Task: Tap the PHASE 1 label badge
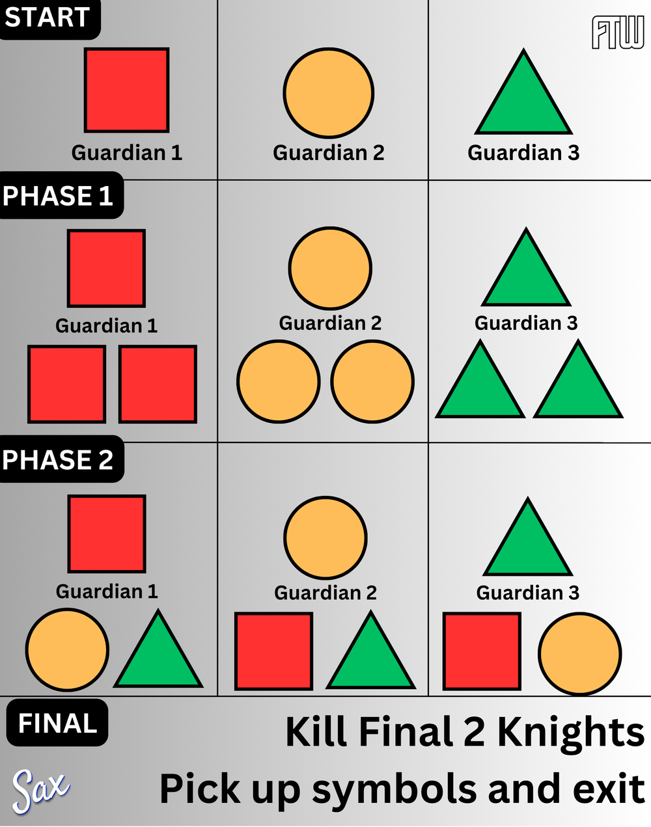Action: (x=62, y=195)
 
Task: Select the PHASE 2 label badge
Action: (x=62, y=459)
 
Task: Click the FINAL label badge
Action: (x=57, y=723)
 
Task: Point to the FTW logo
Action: (x=618, y=33)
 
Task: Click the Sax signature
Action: (x=40, y=791)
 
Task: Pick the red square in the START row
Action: (x=126, y=90)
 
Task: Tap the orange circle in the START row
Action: (x=328, y=92)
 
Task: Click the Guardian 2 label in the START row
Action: (x=328, y=152)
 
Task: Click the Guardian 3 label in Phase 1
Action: (x=526, y=323)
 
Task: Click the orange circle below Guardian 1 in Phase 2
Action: (x=67, y=649)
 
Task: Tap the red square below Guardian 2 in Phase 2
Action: (x=274, y=651)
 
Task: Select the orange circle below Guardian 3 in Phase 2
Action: (x=579, y=654)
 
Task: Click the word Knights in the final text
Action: (x=571, y=733)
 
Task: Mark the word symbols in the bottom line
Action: (x=395, y=788)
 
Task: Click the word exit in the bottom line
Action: (x=609, y=787)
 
